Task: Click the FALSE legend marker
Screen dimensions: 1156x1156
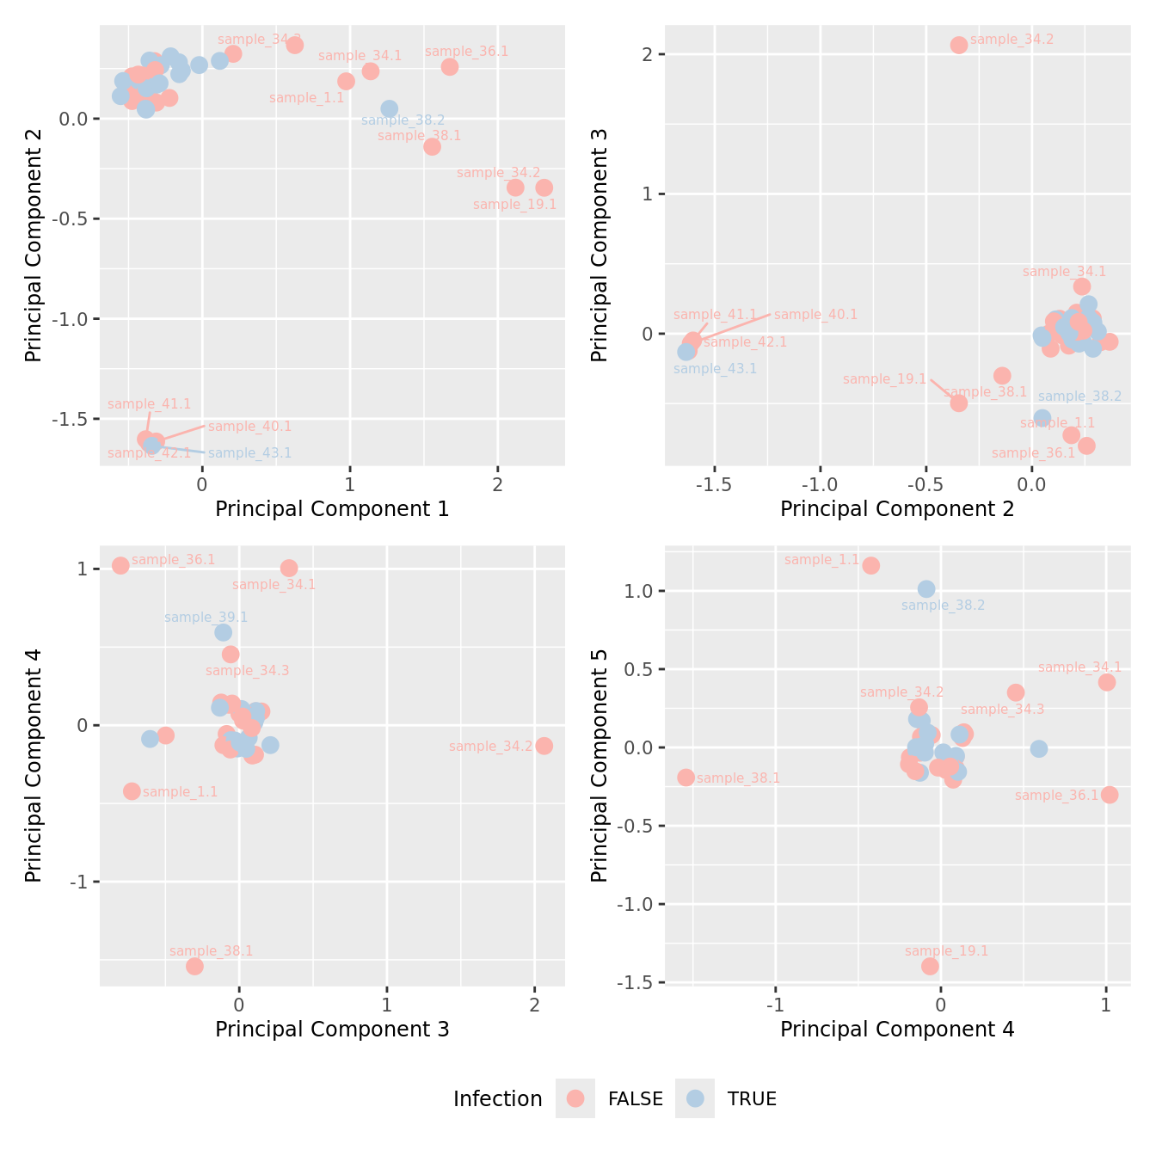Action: (575, 1098)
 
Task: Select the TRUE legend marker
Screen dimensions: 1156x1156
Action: (695, 1098)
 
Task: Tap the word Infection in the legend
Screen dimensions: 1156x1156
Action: (497, 1099)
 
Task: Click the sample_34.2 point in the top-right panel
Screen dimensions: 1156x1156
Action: (959, 45)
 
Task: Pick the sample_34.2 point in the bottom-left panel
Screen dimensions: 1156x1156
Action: (544, 746)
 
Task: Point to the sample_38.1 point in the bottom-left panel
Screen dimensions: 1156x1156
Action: (194, 966)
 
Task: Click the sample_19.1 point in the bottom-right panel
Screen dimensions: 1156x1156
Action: (930, 966)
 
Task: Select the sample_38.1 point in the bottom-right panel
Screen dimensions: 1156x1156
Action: (686, 778)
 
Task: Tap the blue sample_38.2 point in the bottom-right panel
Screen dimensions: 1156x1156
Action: (926, 589)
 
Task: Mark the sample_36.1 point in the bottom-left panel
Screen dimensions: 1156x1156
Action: (120, 565)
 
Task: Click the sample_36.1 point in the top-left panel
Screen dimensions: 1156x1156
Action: (450, 67)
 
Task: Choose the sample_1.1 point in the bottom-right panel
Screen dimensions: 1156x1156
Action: (871, 565)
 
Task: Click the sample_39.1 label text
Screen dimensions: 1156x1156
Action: (206, 617)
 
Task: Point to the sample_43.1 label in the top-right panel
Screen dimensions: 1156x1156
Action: (715, 369)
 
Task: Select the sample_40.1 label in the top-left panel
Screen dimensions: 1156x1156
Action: (249, 427)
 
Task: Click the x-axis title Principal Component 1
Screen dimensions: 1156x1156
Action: (332, 509)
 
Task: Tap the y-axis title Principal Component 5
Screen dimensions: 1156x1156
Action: (600, 766)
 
